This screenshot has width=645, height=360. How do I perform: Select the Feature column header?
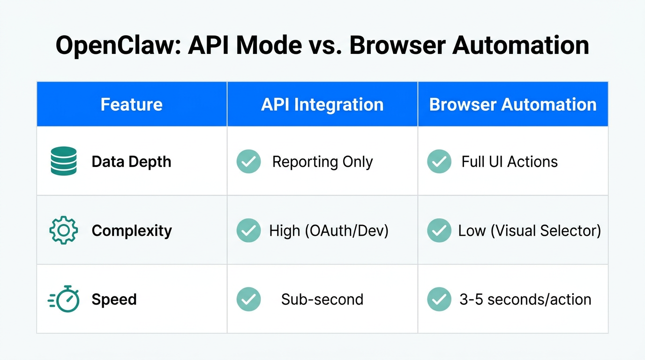(131, 104)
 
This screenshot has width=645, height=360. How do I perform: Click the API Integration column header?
(322, 104)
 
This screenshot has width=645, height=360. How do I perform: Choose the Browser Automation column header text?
(513, 104)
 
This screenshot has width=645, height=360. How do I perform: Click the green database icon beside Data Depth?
(63, 161)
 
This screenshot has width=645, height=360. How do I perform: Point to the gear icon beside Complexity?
(63, 230)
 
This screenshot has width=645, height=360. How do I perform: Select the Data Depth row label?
(131, 162)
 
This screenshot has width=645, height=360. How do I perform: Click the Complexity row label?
(132, 231)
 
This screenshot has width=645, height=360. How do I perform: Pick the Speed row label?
(114, 300)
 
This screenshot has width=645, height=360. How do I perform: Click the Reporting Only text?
(322, 162)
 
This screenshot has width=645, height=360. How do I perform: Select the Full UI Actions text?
(510, 162)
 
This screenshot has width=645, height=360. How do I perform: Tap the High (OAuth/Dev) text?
(329, 231)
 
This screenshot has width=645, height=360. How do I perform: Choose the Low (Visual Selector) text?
(529, 231)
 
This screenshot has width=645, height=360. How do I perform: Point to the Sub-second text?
(322, 300)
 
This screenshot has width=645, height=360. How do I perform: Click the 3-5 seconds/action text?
(525, 300)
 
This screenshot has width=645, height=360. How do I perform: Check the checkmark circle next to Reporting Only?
(248, 162)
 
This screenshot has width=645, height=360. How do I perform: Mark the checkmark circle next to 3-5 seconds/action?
(439, 300)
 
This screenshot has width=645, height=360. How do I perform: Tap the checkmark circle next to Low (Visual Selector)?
(439, 231)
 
